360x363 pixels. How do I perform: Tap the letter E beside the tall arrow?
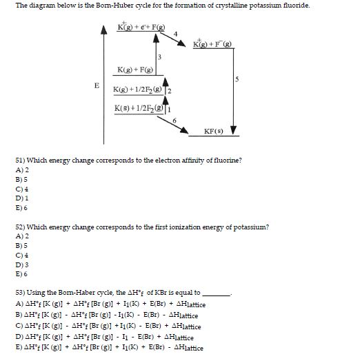click(97, 85)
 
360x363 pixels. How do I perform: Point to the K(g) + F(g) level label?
click(135, 71)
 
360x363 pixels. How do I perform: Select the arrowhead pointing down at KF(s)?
click(233, 131)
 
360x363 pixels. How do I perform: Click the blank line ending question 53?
click(215, 293)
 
